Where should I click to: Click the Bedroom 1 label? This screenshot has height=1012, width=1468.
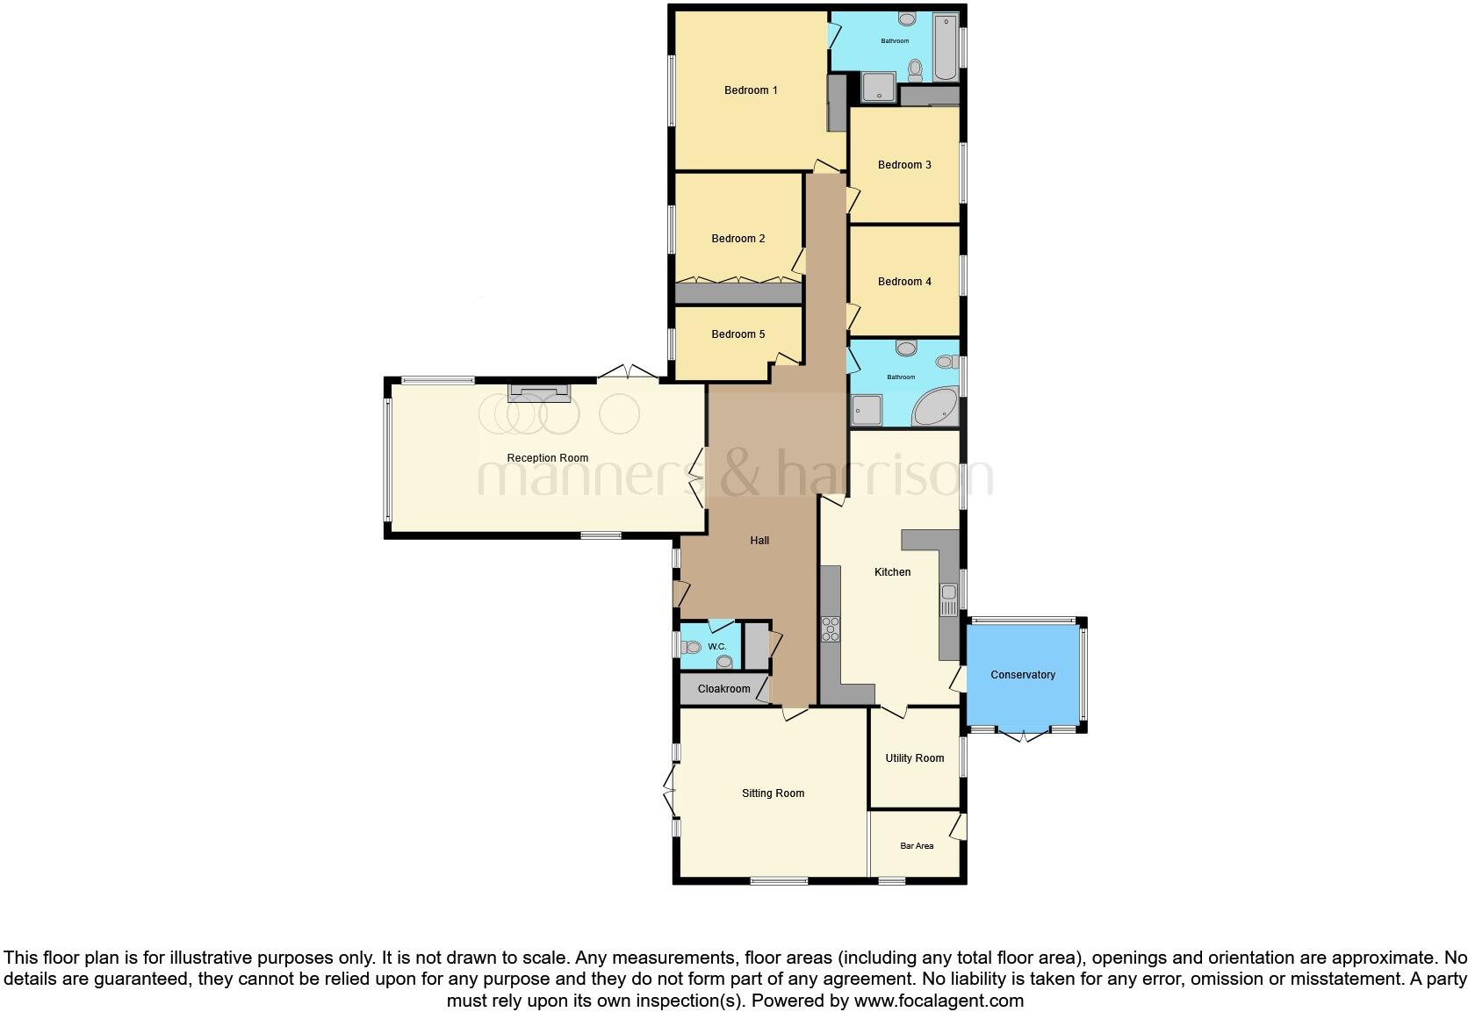coord(750,90)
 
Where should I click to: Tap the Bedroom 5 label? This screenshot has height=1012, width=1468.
coord(738,334)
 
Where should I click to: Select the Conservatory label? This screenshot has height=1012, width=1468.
coord(1022,675)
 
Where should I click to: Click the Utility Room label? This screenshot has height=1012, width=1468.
coord(914,758)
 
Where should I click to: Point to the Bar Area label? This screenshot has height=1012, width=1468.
coord(917,846)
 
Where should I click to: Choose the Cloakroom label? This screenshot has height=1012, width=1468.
coord(723,689)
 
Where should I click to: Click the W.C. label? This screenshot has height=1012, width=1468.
coord(716,647)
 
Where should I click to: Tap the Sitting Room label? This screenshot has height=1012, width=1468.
coord(773,793)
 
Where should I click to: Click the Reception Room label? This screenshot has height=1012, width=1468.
coord(547,458)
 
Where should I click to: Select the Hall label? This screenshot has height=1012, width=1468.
coord(759,541)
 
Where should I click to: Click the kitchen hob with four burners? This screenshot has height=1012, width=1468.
coord(830,629)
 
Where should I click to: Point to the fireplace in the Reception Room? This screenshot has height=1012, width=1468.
coord(539,393)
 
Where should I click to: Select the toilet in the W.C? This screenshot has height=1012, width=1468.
coord(691,648)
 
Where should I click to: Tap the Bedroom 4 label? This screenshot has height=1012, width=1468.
coord(903,282)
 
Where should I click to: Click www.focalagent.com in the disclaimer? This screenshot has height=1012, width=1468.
coord(938,1001)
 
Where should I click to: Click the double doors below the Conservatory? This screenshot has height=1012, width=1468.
coord(1024,736)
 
